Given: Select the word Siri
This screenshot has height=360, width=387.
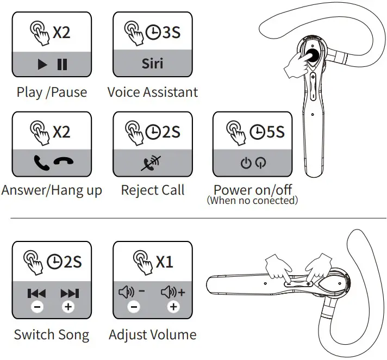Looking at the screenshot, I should click(x=152, y=63).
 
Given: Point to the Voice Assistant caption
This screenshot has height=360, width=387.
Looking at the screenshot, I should click(x=152, y=92).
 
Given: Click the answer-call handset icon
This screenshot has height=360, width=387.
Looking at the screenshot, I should click(x=41, y=162).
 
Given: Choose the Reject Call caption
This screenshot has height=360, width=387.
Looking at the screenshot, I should click(x=152, y=190).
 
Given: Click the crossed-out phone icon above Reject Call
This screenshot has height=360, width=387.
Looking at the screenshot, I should click(x=152, y=162).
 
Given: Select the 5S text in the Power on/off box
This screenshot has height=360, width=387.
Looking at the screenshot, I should click(x=274, y=132).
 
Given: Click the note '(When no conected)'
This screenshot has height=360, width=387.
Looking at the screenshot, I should click(x=252, y=201).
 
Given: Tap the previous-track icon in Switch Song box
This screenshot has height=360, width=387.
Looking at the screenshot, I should click(x=36, y=294).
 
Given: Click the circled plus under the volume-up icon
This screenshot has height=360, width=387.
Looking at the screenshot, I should click(x=173, y=307).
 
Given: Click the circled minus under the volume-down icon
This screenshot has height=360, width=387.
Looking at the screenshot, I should click(x=134, y=307).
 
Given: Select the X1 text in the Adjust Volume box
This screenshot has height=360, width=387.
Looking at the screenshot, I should click(x=165, y=262).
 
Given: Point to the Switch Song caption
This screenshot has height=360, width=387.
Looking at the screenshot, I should click(x=51, y=334).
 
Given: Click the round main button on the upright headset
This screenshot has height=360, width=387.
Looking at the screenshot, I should click(x=311, y=55).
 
